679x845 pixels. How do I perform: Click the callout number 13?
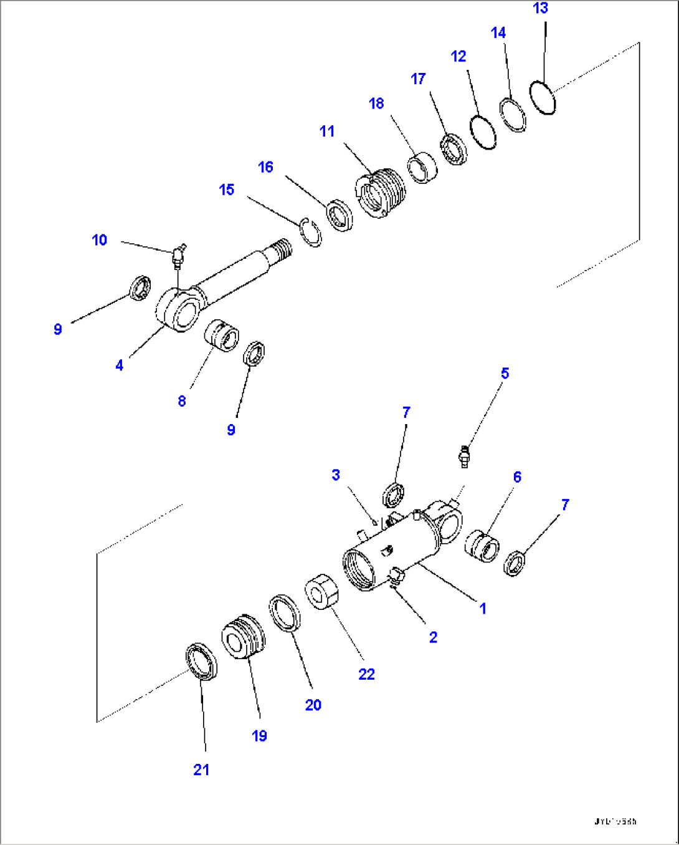tap(540, 9)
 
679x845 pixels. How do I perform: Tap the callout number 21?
tap(201, 770)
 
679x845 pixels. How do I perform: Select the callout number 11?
tap(327, 132)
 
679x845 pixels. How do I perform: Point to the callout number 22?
tap(366, 674)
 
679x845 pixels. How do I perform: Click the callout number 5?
tap(505, 374)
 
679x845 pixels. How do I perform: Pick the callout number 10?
tap(100, 240)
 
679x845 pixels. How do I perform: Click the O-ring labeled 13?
tap(543, 97)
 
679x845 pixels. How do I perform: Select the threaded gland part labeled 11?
tap(381, 193)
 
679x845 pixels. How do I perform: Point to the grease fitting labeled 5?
tap(464, 457)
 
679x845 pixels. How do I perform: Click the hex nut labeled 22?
tap(323, 591)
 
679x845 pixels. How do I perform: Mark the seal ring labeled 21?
tap(202, 660)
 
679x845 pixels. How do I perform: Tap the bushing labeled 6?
tap(482, 546)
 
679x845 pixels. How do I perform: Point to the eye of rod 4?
tap(179, 311)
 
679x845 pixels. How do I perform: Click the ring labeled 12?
tap(483, 132)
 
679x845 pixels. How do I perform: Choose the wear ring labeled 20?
tap(285, 612)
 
